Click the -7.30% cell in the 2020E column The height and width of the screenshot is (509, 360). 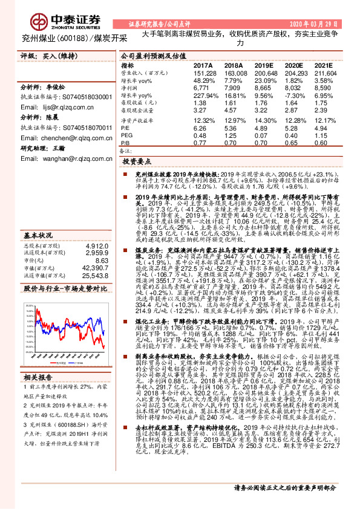[x=294, y=96]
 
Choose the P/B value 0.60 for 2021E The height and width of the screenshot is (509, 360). [x=321, y=144]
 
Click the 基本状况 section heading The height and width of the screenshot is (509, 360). [x=38, y=200]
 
